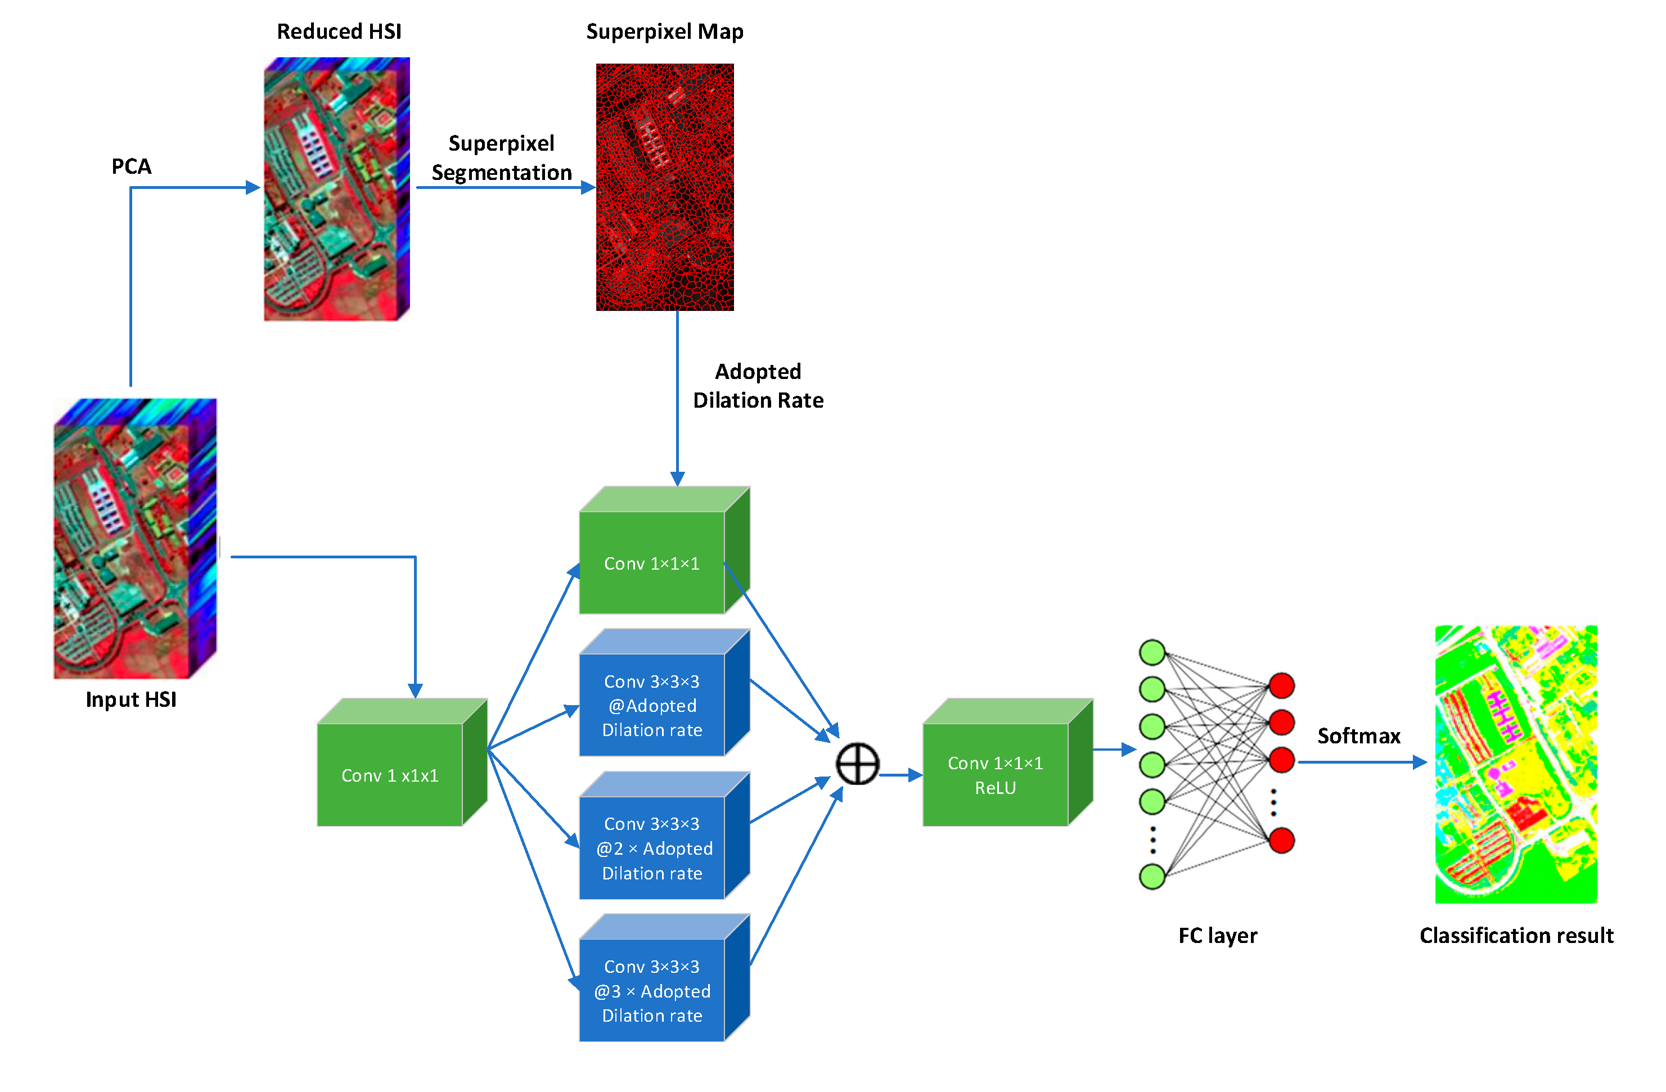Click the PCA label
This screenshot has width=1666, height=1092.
click(131, 166)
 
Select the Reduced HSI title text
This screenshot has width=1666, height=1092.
click(339, 31)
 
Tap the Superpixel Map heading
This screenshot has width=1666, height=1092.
click(664, 31)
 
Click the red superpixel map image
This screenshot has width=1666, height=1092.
click(664, 187)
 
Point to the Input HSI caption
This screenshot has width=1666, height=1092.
click(131, 700)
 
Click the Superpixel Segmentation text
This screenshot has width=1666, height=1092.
click(501, 157)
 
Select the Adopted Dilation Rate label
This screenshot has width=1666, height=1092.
click(758, 386)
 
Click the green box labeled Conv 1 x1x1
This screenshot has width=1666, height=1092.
click(390, 774)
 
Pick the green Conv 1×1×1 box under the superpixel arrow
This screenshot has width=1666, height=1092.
click(652, 563)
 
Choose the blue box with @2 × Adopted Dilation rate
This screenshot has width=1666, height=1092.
click(652, 848)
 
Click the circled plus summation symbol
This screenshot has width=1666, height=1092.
click(858, 764)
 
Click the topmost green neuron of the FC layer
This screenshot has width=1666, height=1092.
click(1152, 652)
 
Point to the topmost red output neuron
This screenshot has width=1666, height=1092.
click(1282, 685)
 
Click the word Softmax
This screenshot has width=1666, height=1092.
click(1359, 735)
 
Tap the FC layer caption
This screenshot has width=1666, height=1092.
click(1217, 935)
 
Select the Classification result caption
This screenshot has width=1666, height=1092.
click(1516, 935)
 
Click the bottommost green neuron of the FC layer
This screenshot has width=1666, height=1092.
click(1152, 877)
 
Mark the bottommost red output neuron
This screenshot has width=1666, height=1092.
click(1282, 840)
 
